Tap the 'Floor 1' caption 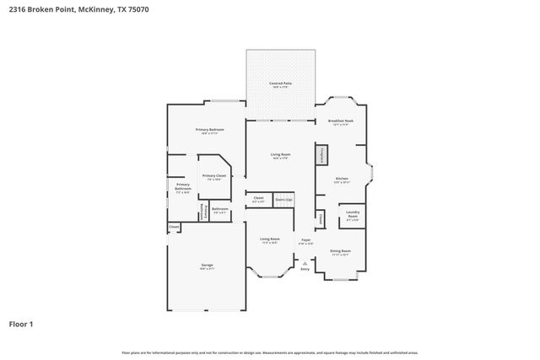21,323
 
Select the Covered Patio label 280,84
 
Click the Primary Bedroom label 208,130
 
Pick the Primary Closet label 213,176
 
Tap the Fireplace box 321,156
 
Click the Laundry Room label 353,214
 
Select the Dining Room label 341,251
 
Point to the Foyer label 305,241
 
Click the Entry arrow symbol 305,263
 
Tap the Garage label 207,266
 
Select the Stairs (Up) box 283,200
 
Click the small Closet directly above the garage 174,227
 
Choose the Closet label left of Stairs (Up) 258,200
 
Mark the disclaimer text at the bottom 270,352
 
